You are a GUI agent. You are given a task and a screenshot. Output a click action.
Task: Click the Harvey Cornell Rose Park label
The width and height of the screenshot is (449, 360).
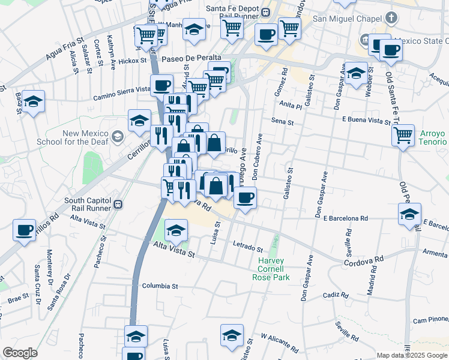pos(274,269)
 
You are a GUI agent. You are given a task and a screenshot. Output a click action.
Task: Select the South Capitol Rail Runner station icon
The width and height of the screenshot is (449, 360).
pos(118,204)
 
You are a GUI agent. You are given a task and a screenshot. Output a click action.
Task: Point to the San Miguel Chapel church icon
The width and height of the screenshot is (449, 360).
pos(391,17)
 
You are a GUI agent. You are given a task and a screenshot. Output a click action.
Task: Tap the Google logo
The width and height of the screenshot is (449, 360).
pos(20,353)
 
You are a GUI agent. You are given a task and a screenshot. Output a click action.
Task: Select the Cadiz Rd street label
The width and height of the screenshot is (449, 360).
pos(335,295)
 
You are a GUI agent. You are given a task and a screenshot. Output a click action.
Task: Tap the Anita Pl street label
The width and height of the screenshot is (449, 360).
pos(290,104)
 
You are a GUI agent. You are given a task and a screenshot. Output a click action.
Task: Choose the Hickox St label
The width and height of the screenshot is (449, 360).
pos(133,61)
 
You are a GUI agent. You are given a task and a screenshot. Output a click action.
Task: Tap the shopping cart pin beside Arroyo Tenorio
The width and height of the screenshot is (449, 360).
pos(403,134)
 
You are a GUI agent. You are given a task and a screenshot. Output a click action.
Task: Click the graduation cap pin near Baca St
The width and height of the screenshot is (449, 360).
pos(34,102)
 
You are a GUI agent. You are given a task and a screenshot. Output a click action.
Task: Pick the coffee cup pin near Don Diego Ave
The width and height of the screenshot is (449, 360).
pos(244,197)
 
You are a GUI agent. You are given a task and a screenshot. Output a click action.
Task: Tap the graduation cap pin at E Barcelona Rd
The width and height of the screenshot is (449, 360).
pos(410,214)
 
